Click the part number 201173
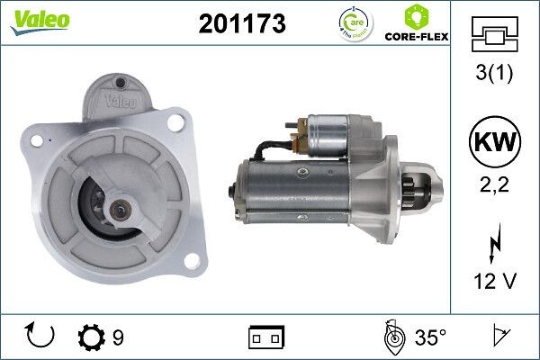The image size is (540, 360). (241, 24)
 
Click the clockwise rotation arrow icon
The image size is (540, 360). (41, 337)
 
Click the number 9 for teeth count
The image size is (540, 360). (118, 337)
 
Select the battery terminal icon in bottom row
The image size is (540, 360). (265, 337)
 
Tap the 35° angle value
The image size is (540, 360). (429, 337)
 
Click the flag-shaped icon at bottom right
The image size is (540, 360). (499, 337)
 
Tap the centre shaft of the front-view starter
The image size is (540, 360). (118, 209)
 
